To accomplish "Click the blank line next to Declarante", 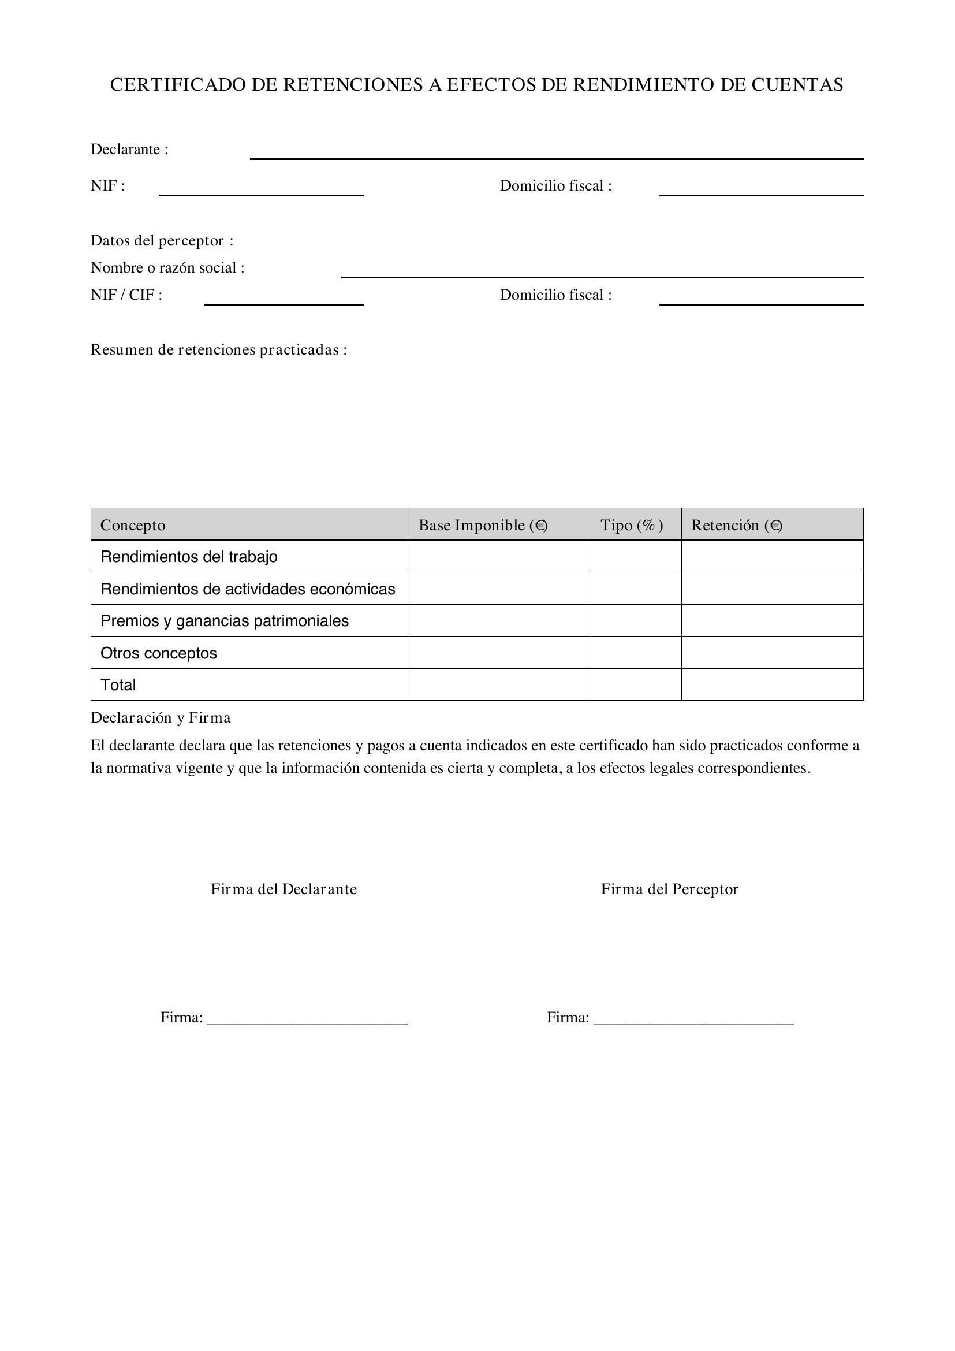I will tap(556, 154).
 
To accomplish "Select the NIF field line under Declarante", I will tap(261, 191).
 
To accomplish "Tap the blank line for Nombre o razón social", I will tap(602, 273).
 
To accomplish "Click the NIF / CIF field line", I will tap(283, 300).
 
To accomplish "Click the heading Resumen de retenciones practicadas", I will tap(218, 350).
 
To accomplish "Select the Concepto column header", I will tap(133, 525).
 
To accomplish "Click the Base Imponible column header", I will tap(482, 525).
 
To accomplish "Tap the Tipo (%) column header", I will tap(632, 525).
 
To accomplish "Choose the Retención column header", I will tap(736, 525).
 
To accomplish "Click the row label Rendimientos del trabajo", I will tap(189, 557).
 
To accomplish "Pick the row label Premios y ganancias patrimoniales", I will tap(225, 621).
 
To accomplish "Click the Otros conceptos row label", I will tap(159, 653).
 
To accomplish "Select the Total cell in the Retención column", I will tap(772, 685).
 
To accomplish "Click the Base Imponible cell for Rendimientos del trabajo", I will tap(499, 557).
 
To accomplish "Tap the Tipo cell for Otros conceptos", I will tap(636, 653).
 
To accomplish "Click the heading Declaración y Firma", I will tap(161, 718).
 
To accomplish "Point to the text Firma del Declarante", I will tap(284, 889).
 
